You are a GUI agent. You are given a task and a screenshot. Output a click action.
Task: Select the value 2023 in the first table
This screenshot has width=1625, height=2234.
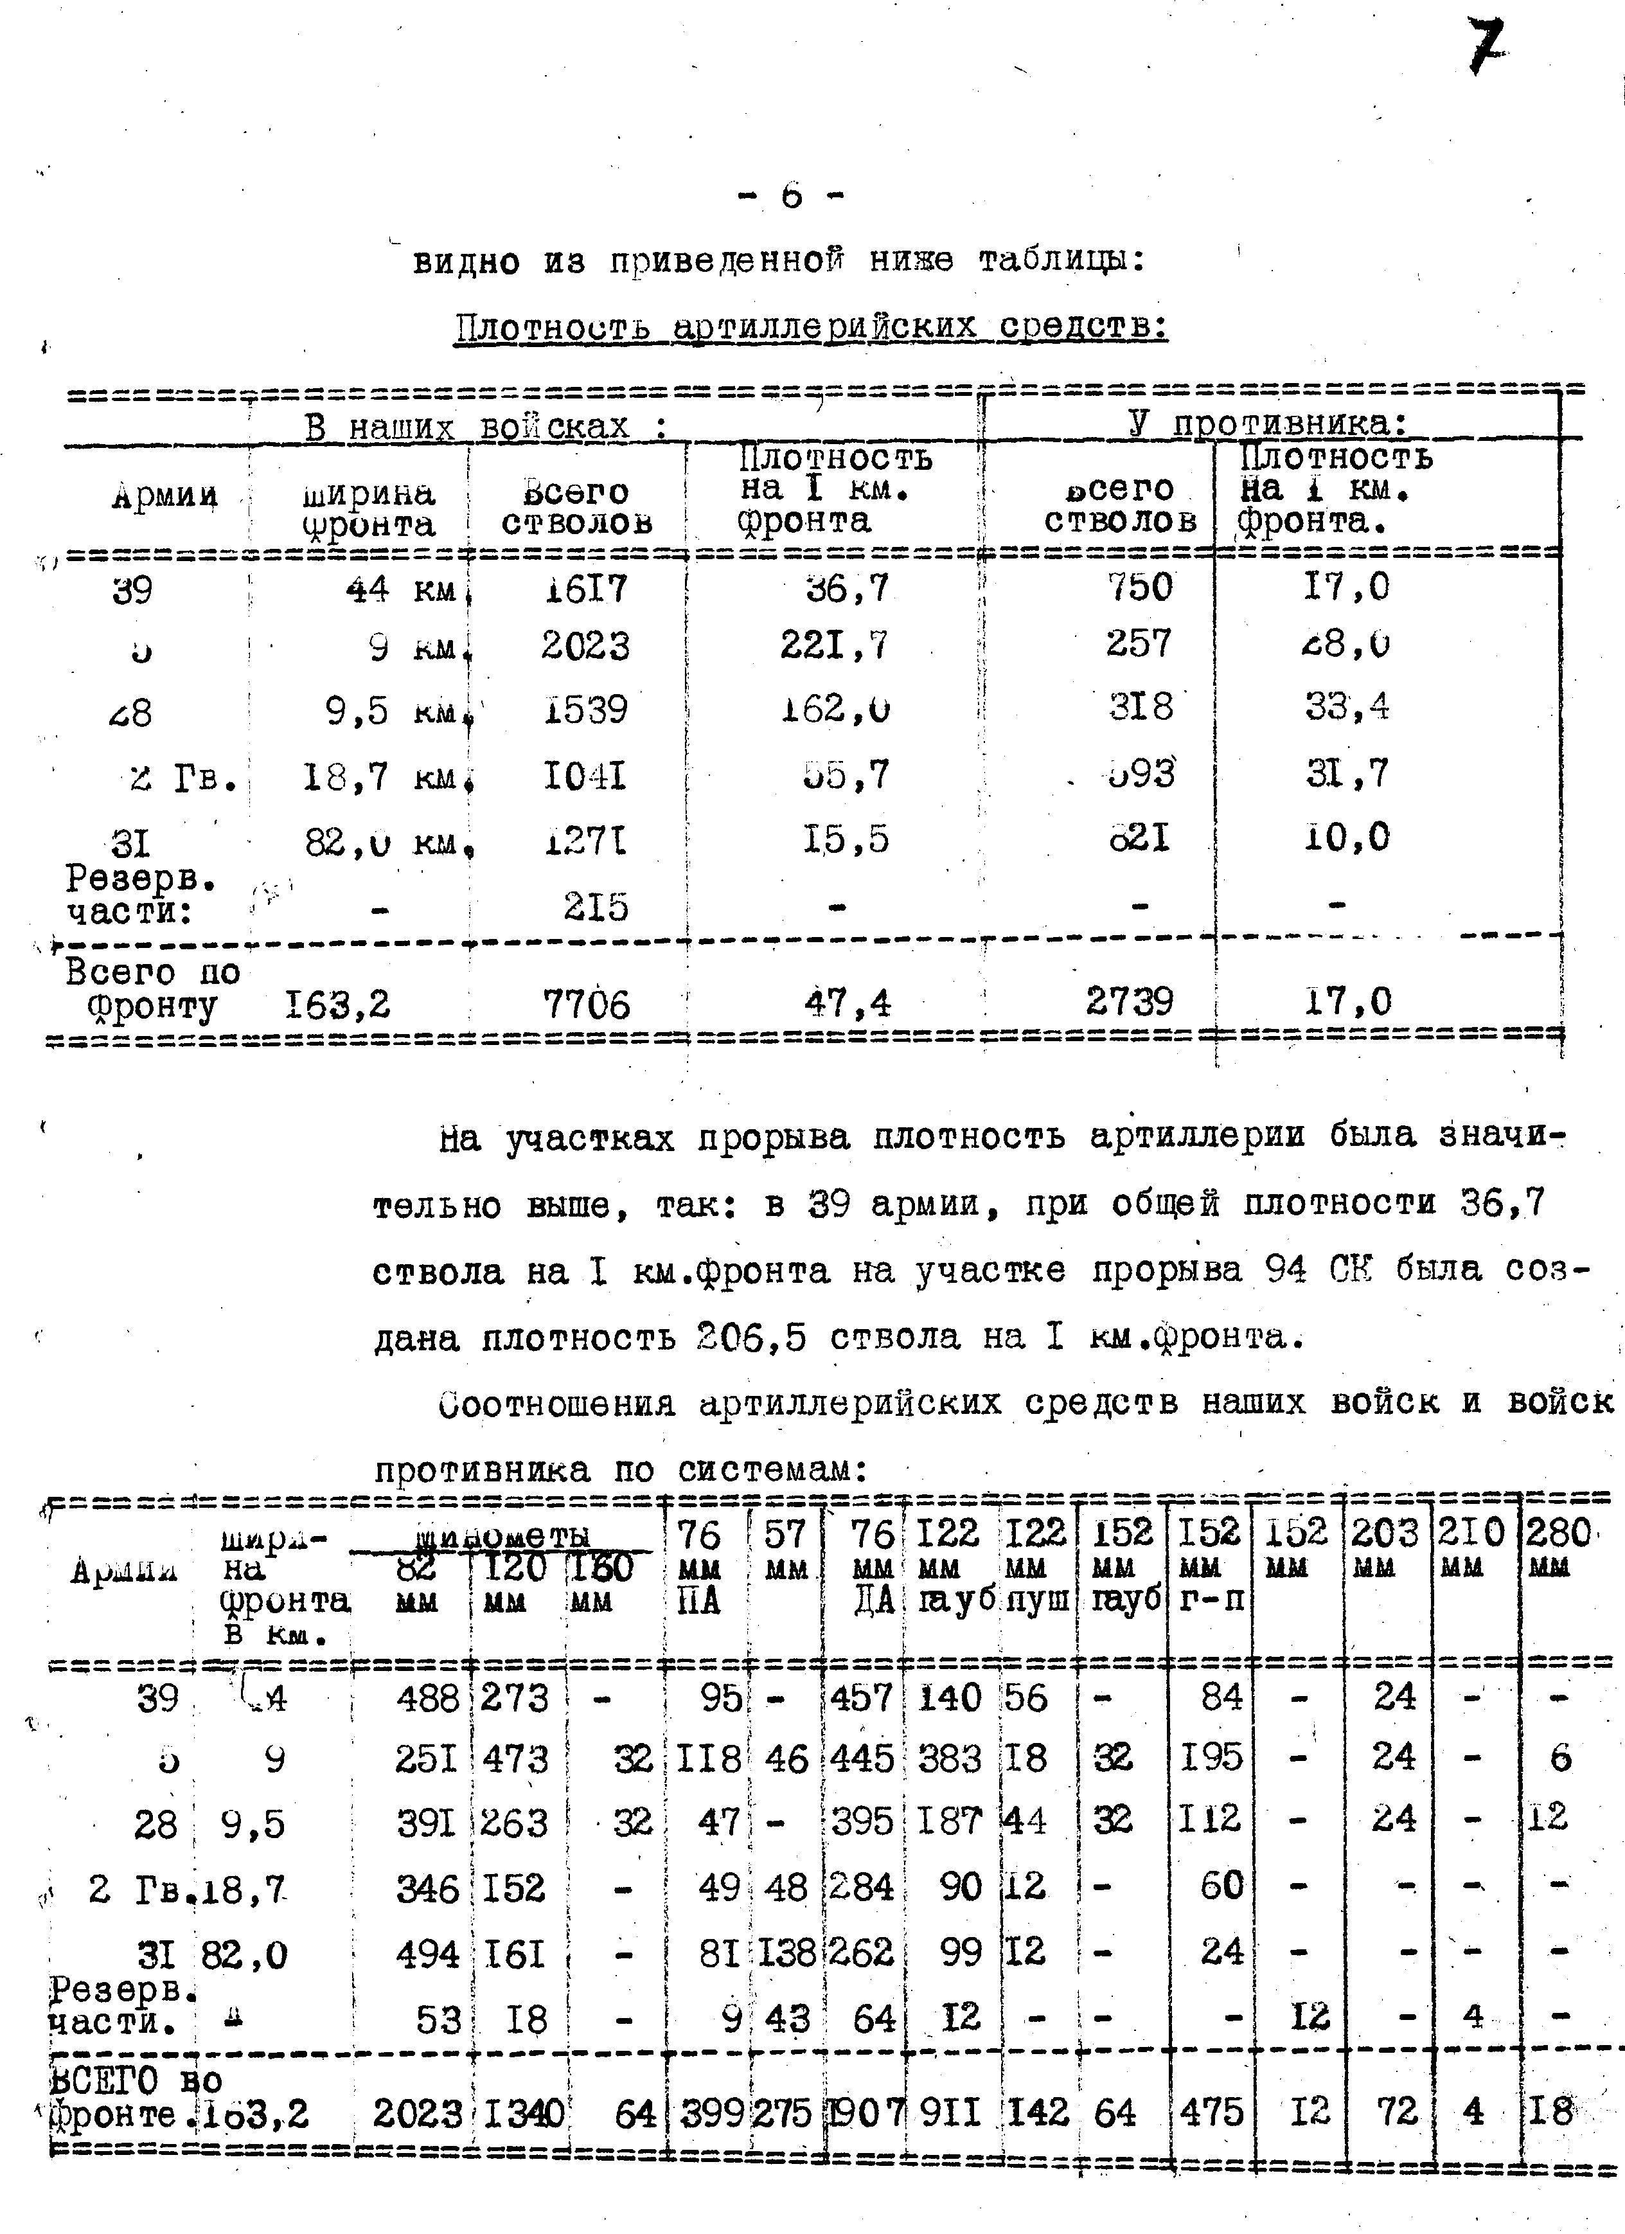pos(585,646)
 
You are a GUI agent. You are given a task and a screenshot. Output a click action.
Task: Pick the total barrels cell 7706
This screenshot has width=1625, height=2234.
pos(586,1005)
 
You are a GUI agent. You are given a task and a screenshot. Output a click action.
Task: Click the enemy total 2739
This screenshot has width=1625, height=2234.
pos(1130,1002)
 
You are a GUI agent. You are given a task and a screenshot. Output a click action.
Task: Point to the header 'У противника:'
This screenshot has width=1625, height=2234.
pos(1268,424)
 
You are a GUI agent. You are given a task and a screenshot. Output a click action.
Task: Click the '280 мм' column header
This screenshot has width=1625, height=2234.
pos(1557,1544)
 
